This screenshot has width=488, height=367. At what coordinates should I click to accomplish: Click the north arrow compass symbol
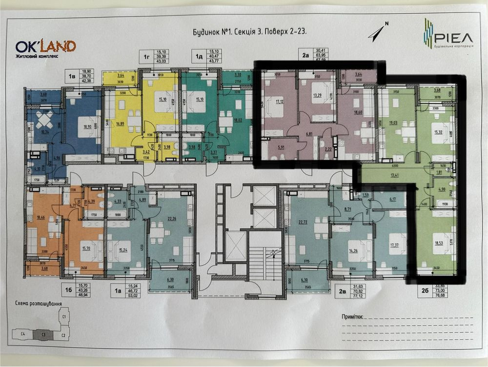tap(378, 31)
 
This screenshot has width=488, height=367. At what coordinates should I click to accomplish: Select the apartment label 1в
tap(71, 77)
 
